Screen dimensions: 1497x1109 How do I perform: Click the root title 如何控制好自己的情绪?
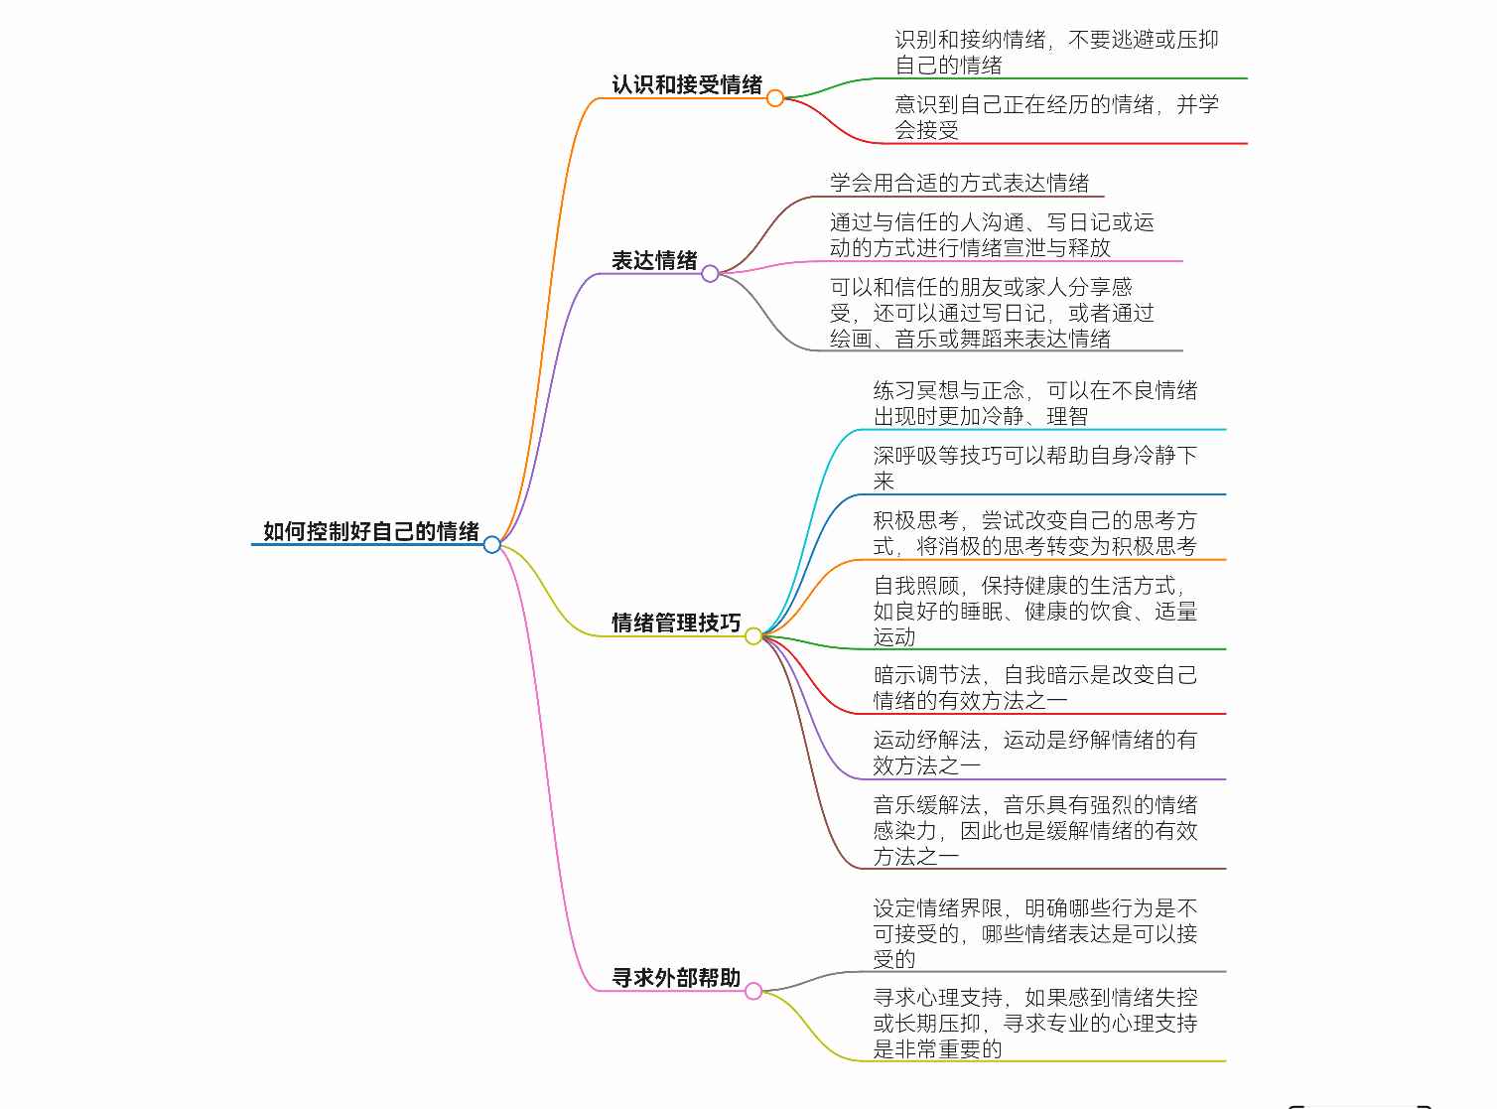(x=370, y=531)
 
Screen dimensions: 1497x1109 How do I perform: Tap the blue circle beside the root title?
(x=492, y=544)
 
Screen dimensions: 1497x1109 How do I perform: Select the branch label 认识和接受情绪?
(x=687, y=85)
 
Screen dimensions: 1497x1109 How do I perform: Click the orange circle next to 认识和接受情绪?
(x=775, y=98)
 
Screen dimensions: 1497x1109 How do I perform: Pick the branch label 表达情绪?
(x=654, y=260)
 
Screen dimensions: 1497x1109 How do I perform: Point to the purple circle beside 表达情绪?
(x=710, y=273)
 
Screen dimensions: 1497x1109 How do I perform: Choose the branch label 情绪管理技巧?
(x=676, y=623)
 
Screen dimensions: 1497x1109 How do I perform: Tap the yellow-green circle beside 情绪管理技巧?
(x=753, y=635)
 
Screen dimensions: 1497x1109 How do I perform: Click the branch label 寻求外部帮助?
(x=676, y=977)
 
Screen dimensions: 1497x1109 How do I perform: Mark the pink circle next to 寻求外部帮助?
(x=753, y=991)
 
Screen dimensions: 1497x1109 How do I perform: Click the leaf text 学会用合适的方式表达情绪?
(x=959, y=183)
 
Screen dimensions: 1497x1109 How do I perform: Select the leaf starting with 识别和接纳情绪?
(x=1056, y=52)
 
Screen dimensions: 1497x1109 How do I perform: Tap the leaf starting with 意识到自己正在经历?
(x=1056, y=117)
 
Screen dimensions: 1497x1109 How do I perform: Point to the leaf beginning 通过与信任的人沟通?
(x=992, y=235)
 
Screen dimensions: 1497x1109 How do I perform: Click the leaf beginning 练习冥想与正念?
(x=1034, y=403)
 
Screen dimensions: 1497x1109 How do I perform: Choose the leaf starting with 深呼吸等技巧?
(x=1034, y=468)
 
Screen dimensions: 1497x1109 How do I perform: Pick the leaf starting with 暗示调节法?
(x=1034, y=687)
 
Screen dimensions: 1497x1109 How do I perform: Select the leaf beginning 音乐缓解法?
(x=1034, y=830)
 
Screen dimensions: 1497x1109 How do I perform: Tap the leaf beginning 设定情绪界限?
(x=1034, y=933)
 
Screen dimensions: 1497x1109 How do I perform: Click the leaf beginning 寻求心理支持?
(x=1034, y=1023)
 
